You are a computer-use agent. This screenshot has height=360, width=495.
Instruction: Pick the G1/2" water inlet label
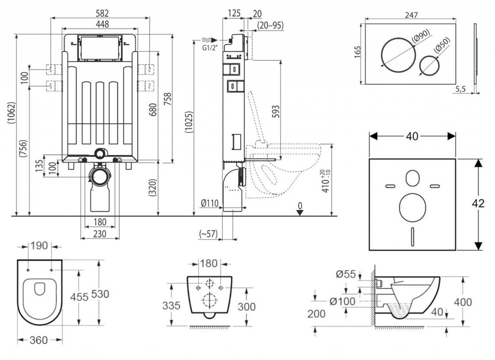[x=209, y=47]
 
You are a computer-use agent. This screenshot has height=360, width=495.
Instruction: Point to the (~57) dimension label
[x=208, y=234]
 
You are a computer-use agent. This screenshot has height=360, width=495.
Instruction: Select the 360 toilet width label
[x=39, y=340]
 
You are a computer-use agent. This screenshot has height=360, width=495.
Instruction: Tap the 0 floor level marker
[x=300, y=206]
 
